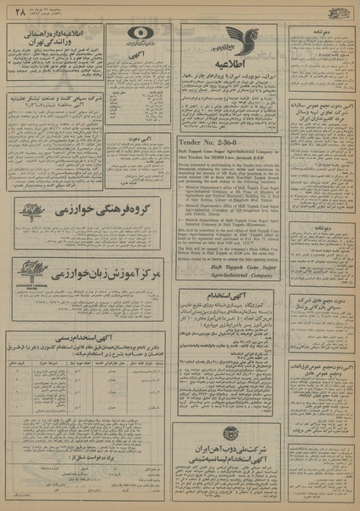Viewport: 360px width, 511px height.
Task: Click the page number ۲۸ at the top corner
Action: point(14,11)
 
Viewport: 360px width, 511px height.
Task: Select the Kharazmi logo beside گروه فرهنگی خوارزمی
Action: point(23,209)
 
